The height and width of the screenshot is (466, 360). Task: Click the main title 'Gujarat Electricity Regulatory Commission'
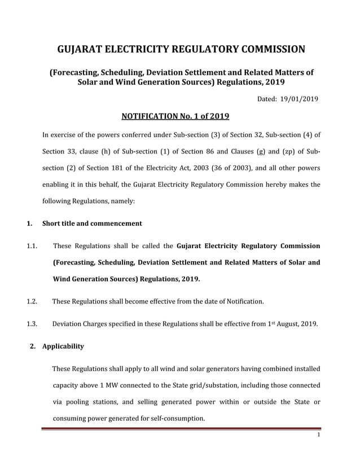tap(181, 49)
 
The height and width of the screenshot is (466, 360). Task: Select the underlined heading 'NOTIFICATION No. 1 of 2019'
tap(175, 117)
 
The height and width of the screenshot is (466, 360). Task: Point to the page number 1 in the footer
tap(319, 435)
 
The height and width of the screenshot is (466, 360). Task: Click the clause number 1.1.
tap(32, 246)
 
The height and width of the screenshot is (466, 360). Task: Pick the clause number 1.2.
tap(32, 301)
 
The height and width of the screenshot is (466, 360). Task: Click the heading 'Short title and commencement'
tap(92, 223)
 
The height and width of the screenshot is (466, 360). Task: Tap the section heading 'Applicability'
tap(63, 346)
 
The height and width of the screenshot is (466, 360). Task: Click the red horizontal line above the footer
tap(181, 429)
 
